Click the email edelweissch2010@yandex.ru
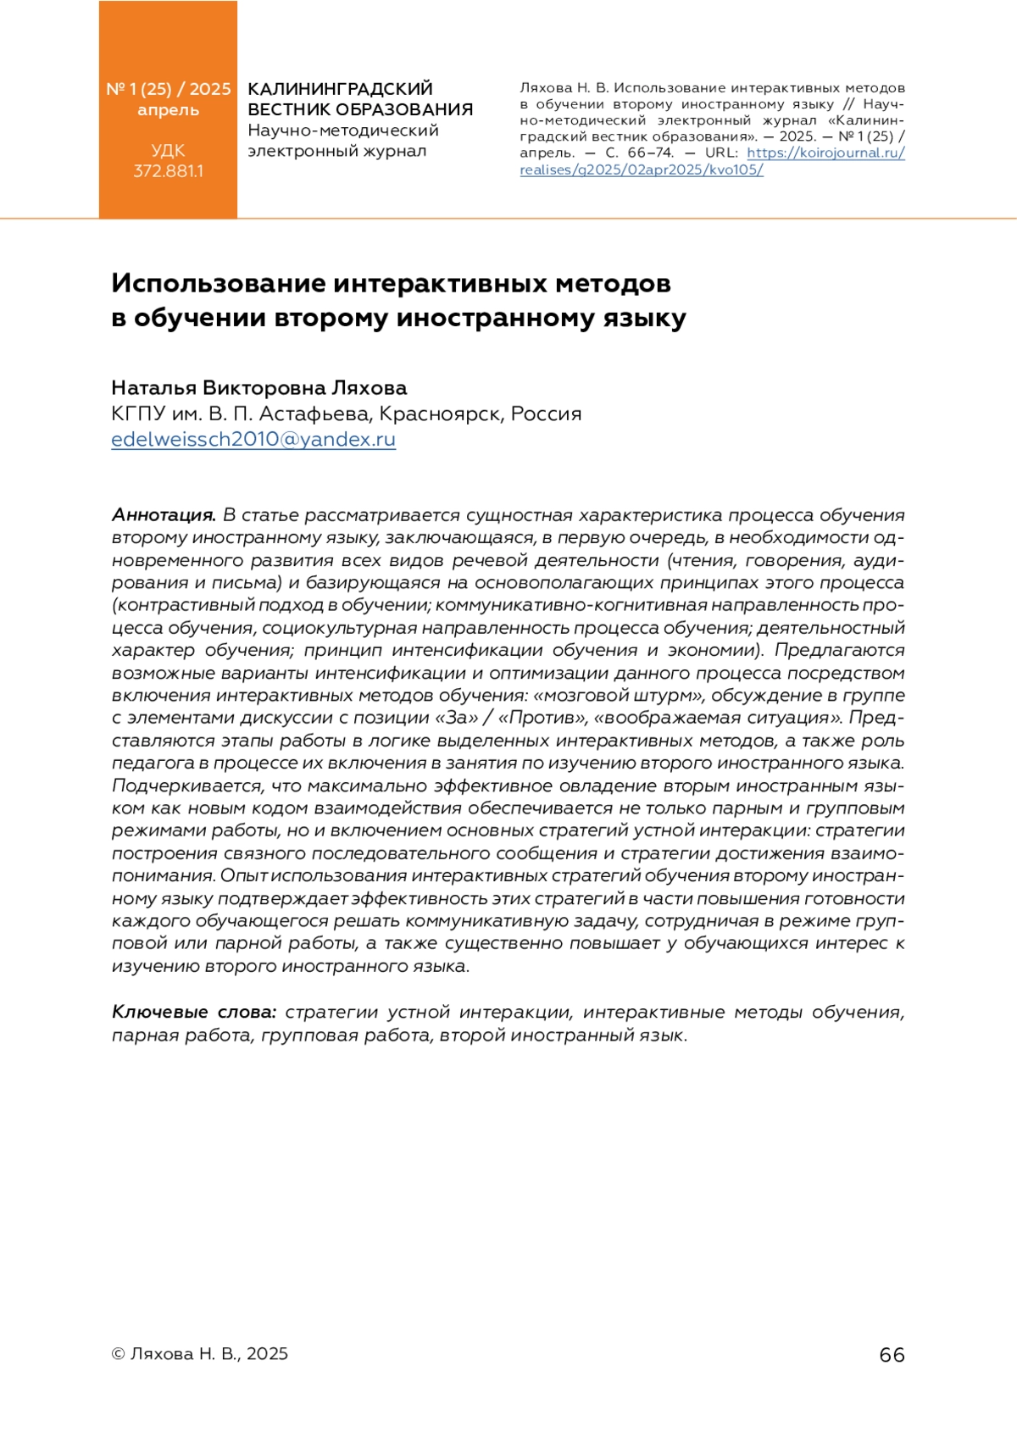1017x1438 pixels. pos(253,439)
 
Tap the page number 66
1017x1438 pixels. pos(892,1354)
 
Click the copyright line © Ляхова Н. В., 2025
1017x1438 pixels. pos(200,1353)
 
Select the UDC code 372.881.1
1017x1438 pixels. pos(168,171)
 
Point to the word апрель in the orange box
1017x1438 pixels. pos(168,110)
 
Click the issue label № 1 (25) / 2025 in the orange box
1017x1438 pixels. pos(168,89)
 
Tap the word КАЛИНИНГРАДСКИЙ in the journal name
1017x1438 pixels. pos(340,89)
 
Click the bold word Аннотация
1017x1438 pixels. pos(164,515)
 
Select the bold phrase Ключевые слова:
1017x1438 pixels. pos(194,1013)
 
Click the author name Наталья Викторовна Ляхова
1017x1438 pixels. pos(258,388)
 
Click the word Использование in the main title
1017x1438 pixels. pos(216,283)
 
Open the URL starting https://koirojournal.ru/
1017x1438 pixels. pos(825,153)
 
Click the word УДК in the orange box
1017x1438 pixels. pos(168,151)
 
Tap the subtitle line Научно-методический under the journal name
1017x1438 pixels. pos(342,130)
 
